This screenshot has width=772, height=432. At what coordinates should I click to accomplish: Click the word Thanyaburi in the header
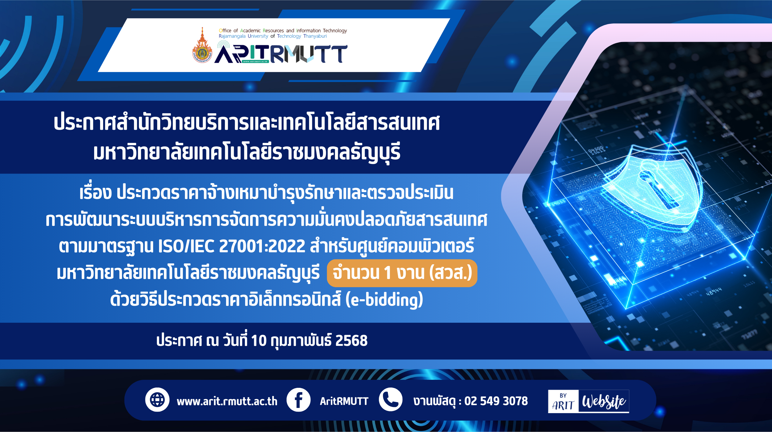(x=315, y=36)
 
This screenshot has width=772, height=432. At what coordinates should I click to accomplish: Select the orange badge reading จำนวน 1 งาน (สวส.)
(x=402, y=273)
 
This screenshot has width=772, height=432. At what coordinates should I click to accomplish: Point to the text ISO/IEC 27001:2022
(x=232, y=246)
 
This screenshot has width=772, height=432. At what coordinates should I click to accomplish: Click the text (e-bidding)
(x=384, y=300)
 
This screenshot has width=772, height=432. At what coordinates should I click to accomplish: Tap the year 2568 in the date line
(x=351, y=341)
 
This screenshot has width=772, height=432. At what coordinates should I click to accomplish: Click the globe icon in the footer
(x=157, y=400)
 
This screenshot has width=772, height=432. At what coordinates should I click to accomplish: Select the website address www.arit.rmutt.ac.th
(x=227, y=401)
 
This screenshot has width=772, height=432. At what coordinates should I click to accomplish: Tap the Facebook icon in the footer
(x=298, y=400)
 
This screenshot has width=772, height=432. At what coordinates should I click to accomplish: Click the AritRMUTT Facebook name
(x=344, y=401)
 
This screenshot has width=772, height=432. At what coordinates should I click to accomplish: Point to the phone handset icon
(x=391, y=400)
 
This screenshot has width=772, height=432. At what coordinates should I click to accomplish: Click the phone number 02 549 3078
(x=496, y=401)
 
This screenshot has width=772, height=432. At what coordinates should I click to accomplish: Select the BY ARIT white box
(x=563, y=401)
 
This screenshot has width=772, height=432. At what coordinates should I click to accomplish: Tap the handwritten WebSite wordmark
(x=604, y=401)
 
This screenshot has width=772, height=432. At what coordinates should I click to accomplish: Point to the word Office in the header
(x=225, y=31)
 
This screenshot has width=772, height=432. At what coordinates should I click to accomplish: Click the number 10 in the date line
(x=259, y=341)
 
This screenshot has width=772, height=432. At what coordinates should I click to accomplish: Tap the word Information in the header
(x=308, y=31)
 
